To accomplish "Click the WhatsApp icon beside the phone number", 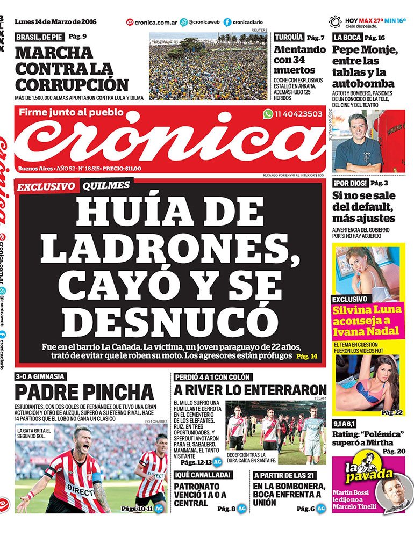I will click(x=268, y=114).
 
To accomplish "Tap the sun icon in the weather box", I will click(x=335, y=22).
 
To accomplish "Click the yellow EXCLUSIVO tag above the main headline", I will click(x=46, y=186).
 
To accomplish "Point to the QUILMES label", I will click(x=106, y=185).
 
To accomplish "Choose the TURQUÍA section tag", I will click(x=289, y=38).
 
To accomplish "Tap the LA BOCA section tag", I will click(x=347, y=38).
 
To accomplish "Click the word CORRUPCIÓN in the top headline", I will click(x=72, y=85).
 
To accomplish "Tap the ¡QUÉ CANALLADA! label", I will click(x=203, y=475).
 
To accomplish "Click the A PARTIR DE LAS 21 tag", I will click(x=284, y=475).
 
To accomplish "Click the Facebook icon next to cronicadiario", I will click(x=227, y=23).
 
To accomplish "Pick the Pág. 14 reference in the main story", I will click(x=306, y=356).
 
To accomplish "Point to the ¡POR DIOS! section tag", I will click(x=350, y=183).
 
